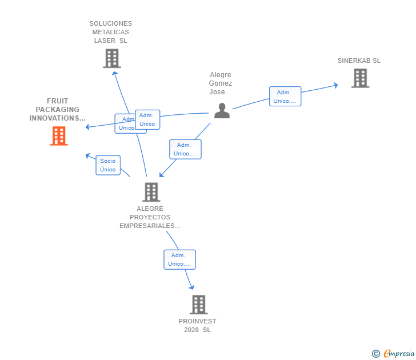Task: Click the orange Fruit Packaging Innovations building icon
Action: click(x=59, y=136)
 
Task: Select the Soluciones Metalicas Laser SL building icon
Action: click(x=112, y=58)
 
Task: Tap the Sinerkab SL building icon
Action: click(x=360, y=78)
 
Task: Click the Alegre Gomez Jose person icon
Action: click(x=222, y=110)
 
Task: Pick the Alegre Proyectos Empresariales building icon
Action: click(x=151, y=192)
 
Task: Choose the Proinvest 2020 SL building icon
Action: click(x=198, y=305)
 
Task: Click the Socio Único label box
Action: click(x=108, y=165)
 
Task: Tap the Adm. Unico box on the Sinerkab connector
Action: click(x=285, y=97)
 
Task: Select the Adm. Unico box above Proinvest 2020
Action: click(x=179, y=259)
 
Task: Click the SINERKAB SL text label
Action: click(x=359, y=61)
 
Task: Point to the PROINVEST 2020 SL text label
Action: click(x=197, y=325)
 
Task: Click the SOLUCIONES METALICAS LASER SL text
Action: click(x=111, y=32)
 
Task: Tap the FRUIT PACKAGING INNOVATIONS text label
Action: click(x=58, y=110)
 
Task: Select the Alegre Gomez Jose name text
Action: click(x=221, y=83)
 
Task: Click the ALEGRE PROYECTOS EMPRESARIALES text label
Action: click(x=150, y=217)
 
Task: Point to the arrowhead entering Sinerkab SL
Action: click(x=335, y=85)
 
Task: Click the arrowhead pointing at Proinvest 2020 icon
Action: click(x=192, y=287)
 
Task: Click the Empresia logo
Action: click(x=399, y=354)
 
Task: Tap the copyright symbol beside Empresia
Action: click(x=376, y=354)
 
